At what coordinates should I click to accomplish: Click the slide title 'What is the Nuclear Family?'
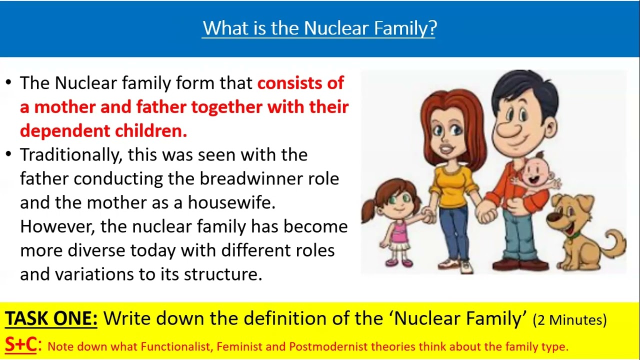(319, 28)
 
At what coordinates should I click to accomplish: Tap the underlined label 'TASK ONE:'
(51, 318)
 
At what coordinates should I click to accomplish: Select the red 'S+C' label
(21, 345)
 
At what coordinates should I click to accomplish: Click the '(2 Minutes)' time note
(569, 320)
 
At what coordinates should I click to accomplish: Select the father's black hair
(525, 87)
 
